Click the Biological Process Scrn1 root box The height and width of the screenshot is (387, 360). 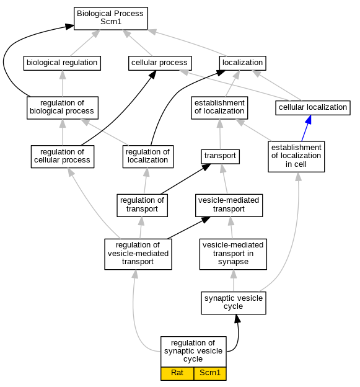tap(111, 19)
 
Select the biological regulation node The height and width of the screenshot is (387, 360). tap(62, 63)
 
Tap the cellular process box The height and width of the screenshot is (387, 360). tap(160, 63)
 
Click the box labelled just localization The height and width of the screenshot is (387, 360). tap(243, 63)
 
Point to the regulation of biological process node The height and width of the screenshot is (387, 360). tap(63, 108)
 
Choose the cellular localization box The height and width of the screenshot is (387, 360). tap(313, 108)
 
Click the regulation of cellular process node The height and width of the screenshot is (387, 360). tap(63, 157)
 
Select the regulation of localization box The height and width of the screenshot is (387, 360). tap(148, 157)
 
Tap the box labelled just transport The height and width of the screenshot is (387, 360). tap(220, 156)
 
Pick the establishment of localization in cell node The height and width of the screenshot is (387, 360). tap(296, 156)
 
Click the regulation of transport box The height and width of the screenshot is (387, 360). tap(142, 205)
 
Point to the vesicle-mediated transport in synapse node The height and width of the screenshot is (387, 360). tap(233, 254)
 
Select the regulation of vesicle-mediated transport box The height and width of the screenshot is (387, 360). tap(138, 254)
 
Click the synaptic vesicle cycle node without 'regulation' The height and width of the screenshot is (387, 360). tap(234, 303)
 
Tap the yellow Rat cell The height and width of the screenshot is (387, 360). tap(177, 373)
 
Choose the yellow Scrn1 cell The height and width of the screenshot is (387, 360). tap(210, 373)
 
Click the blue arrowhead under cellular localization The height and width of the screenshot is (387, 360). tap(308, 120)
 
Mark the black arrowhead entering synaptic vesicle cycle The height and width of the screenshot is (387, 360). tap(237, 319)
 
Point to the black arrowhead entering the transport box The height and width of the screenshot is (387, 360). tap(206, 167)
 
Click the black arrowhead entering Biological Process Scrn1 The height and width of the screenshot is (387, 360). tap(69, 27)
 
